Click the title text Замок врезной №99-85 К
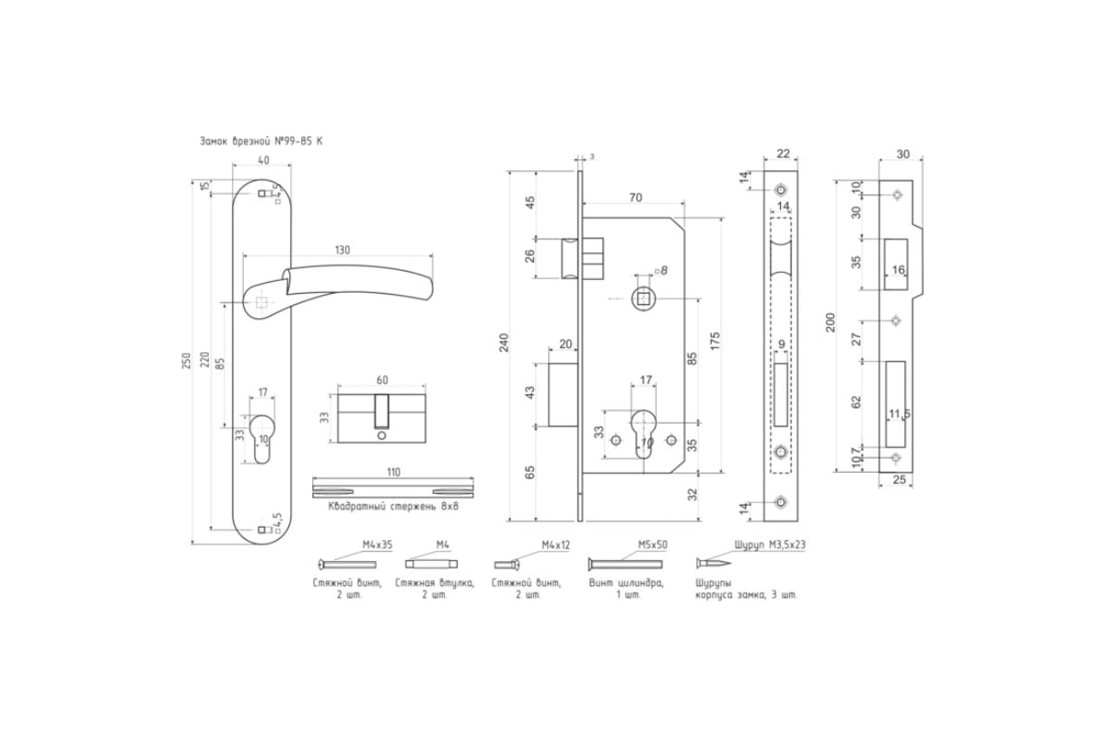[x=261, y=141]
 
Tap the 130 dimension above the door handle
[x=343, y=250]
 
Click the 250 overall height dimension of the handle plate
[x=186, y=362]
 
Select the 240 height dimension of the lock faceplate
[x=504, y=343]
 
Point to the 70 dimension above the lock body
[x=635, y=197]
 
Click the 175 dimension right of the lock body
[x=715, y=341]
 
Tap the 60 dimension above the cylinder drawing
[x=382, y=380]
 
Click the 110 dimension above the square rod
[x=393, y=473]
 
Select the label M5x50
[x=653, y=545]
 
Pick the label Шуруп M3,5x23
[x=770, y=545]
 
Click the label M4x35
[x=378, y=545]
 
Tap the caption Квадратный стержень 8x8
[x=393, y=507]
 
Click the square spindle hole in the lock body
[x=643, y=298]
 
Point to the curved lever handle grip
[x=359, y=282]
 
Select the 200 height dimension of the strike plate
[x=831, y=322]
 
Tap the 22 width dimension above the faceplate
[x=783, y=154]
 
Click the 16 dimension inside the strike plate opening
[x=899, y=270]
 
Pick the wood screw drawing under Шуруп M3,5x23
[x=714, y=563]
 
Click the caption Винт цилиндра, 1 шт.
[x=626, y=589]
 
